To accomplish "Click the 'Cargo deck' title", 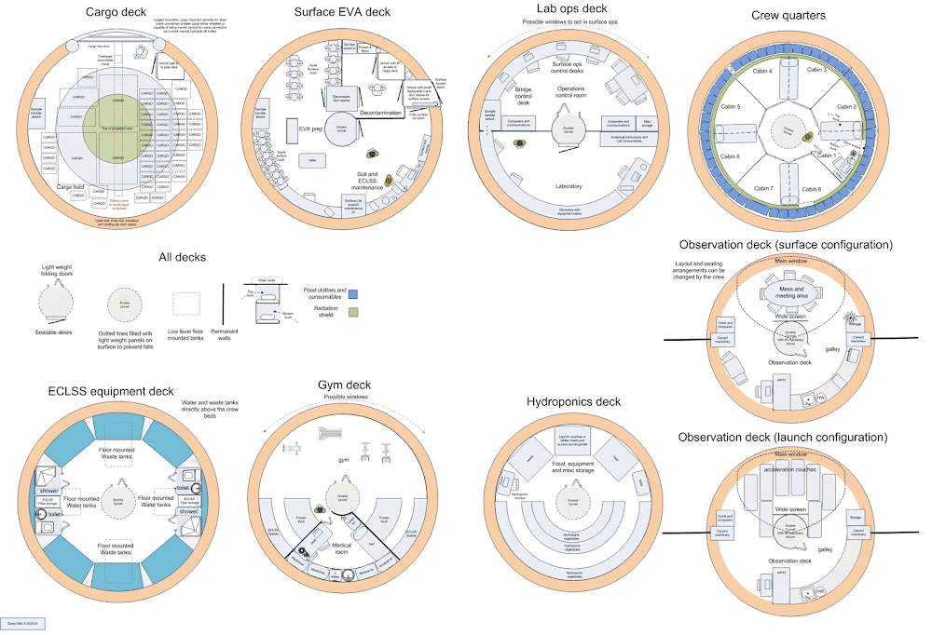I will pos(116,12).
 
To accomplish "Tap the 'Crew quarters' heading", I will pos(789,16).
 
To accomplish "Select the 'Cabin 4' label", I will pos(751,71).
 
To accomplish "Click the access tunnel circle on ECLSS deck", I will pos(117,499).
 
